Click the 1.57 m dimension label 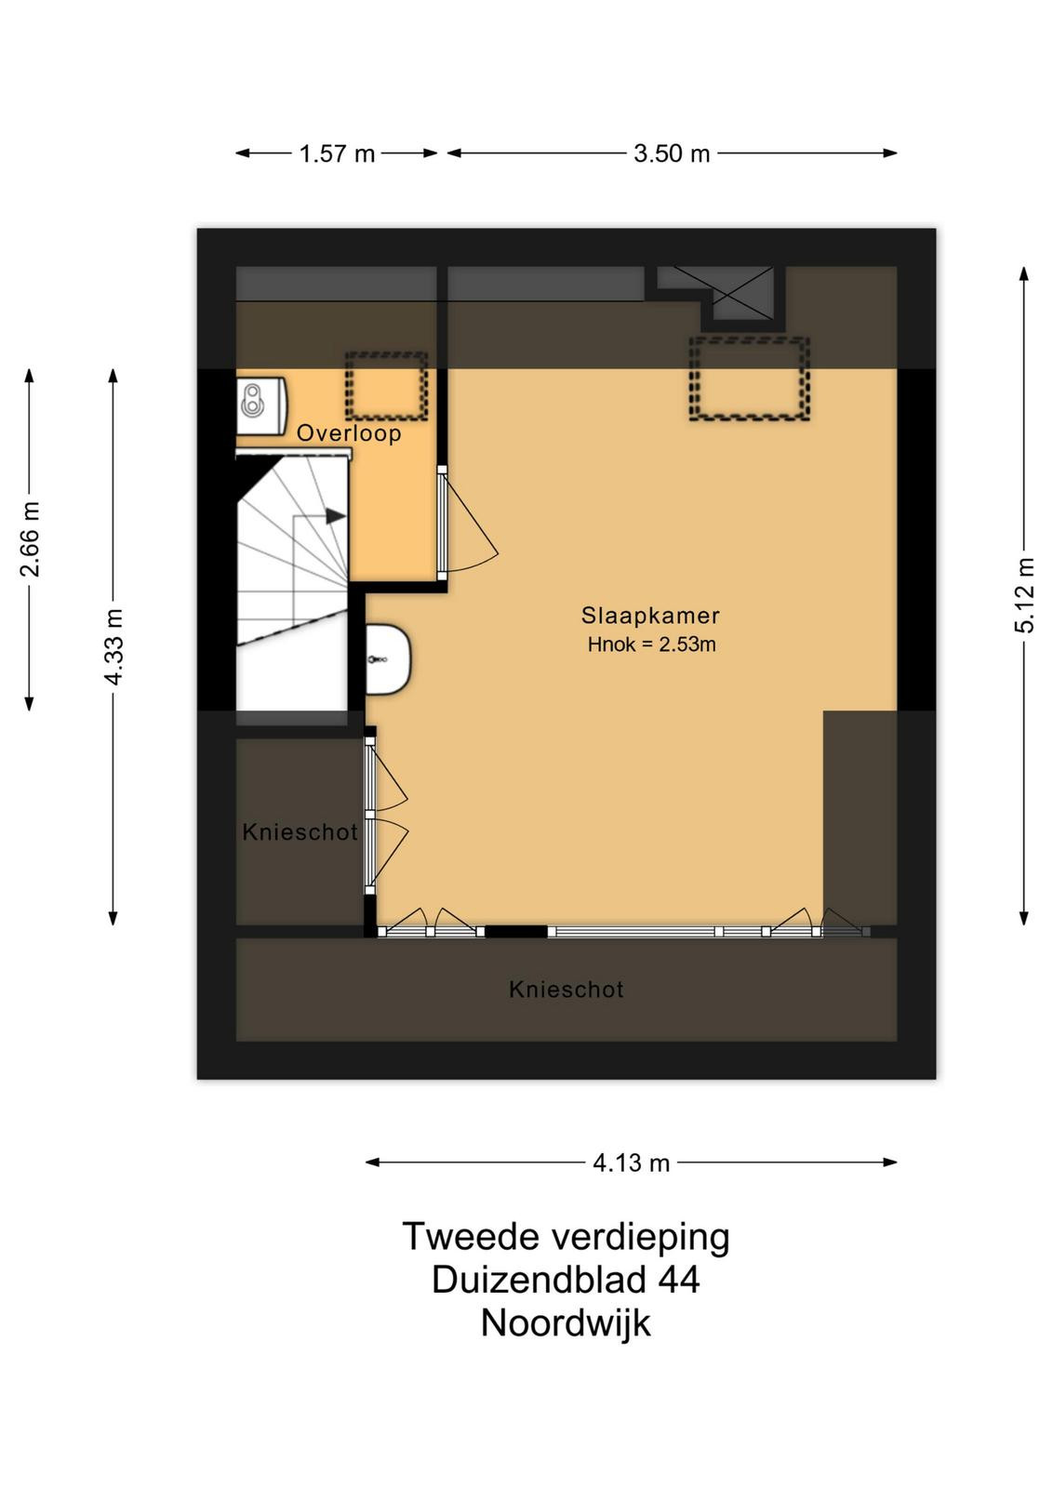(337, 154)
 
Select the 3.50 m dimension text (672, 154)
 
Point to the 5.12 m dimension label (1025, 595)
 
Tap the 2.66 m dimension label (31, 538)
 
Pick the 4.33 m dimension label (113, 646)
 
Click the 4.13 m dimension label (631, 1163)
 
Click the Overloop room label (349, 433)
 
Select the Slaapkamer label (650, 616)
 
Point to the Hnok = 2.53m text (652, 644)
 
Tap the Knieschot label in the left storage (300, 831)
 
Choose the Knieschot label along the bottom (566, 990)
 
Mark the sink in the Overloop (261, 406)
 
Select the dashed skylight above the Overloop (386, 386)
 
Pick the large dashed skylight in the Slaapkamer (750, 379)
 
